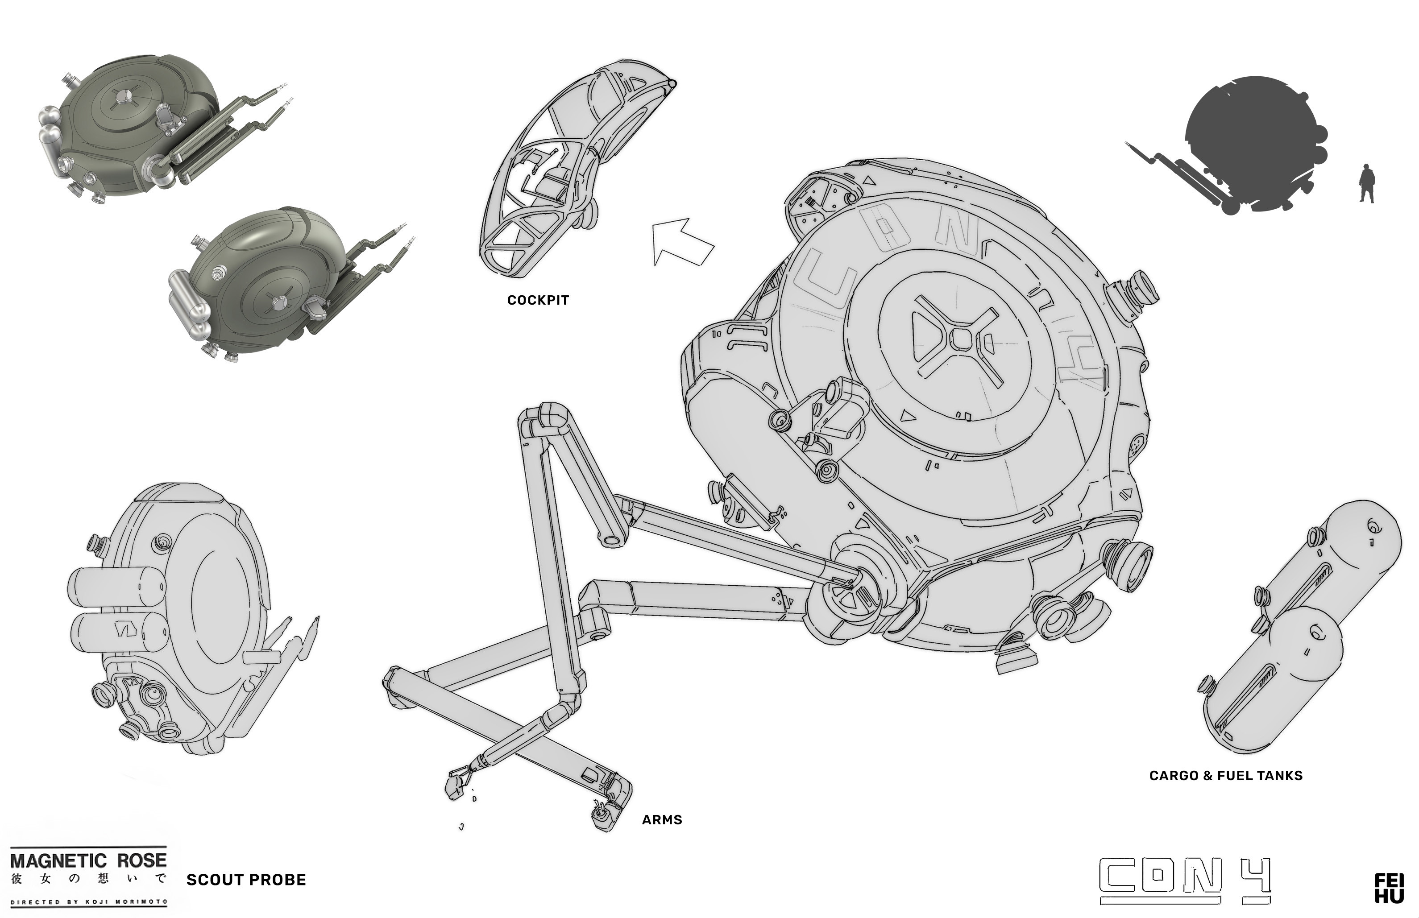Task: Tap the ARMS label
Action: pyautogui.click(x=662, y=820)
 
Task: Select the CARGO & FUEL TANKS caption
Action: pyautogui.click(x=1226, y=776)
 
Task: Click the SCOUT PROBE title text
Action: pyautogui.click(x=246, y=880)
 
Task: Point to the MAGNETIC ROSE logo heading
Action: pyautogui.click(x=88, y=860)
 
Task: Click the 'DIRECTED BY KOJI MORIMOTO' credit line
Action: pyautogui.click(x=88, y=901)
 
